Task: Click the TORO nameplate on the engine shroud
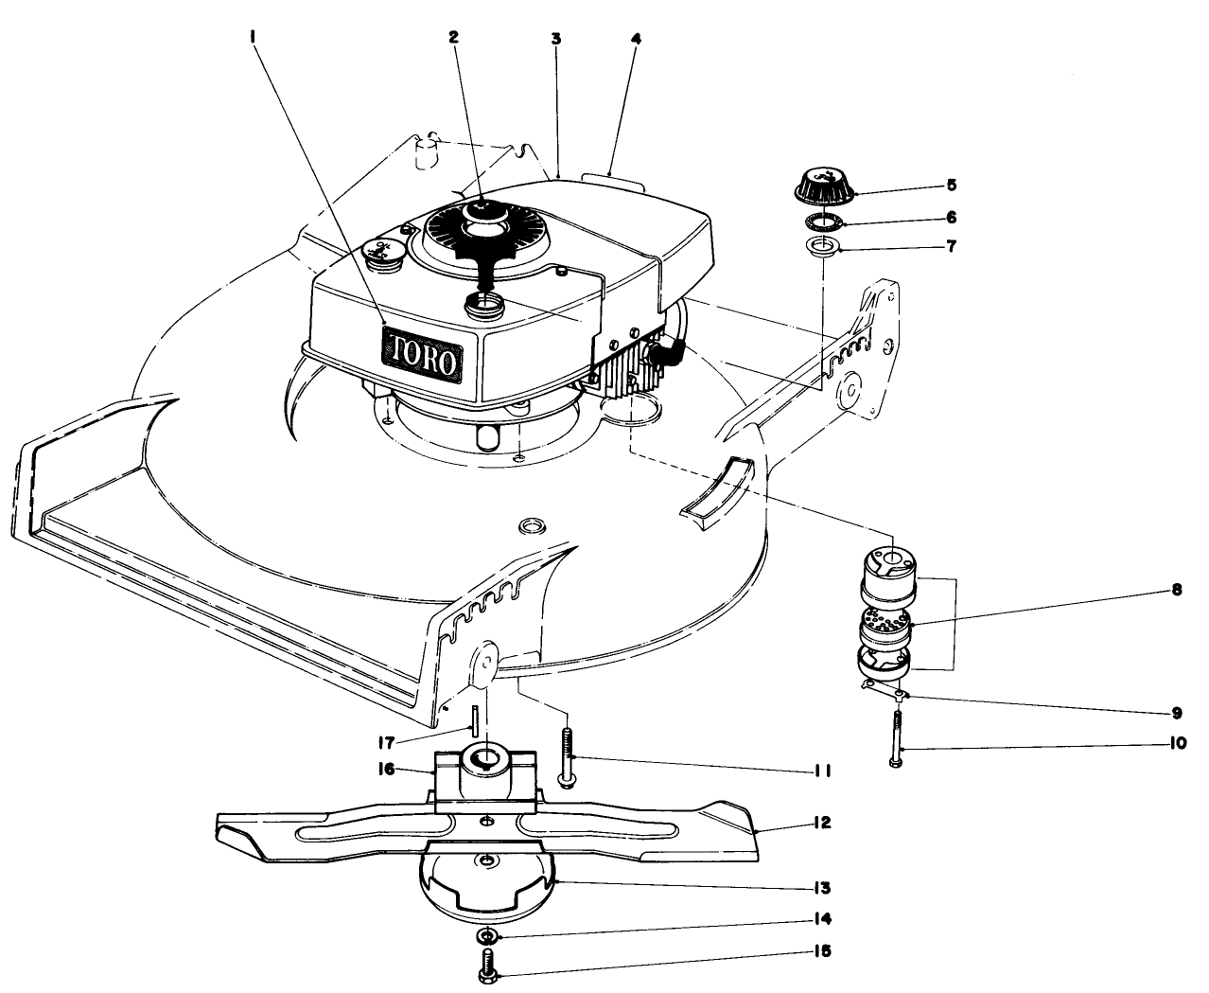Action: [421, 355]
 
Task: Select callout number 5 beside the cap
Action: [951, 184]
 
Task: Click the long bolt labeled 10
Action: [895, 738]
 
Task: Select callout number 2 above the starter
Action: [453, 38]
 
